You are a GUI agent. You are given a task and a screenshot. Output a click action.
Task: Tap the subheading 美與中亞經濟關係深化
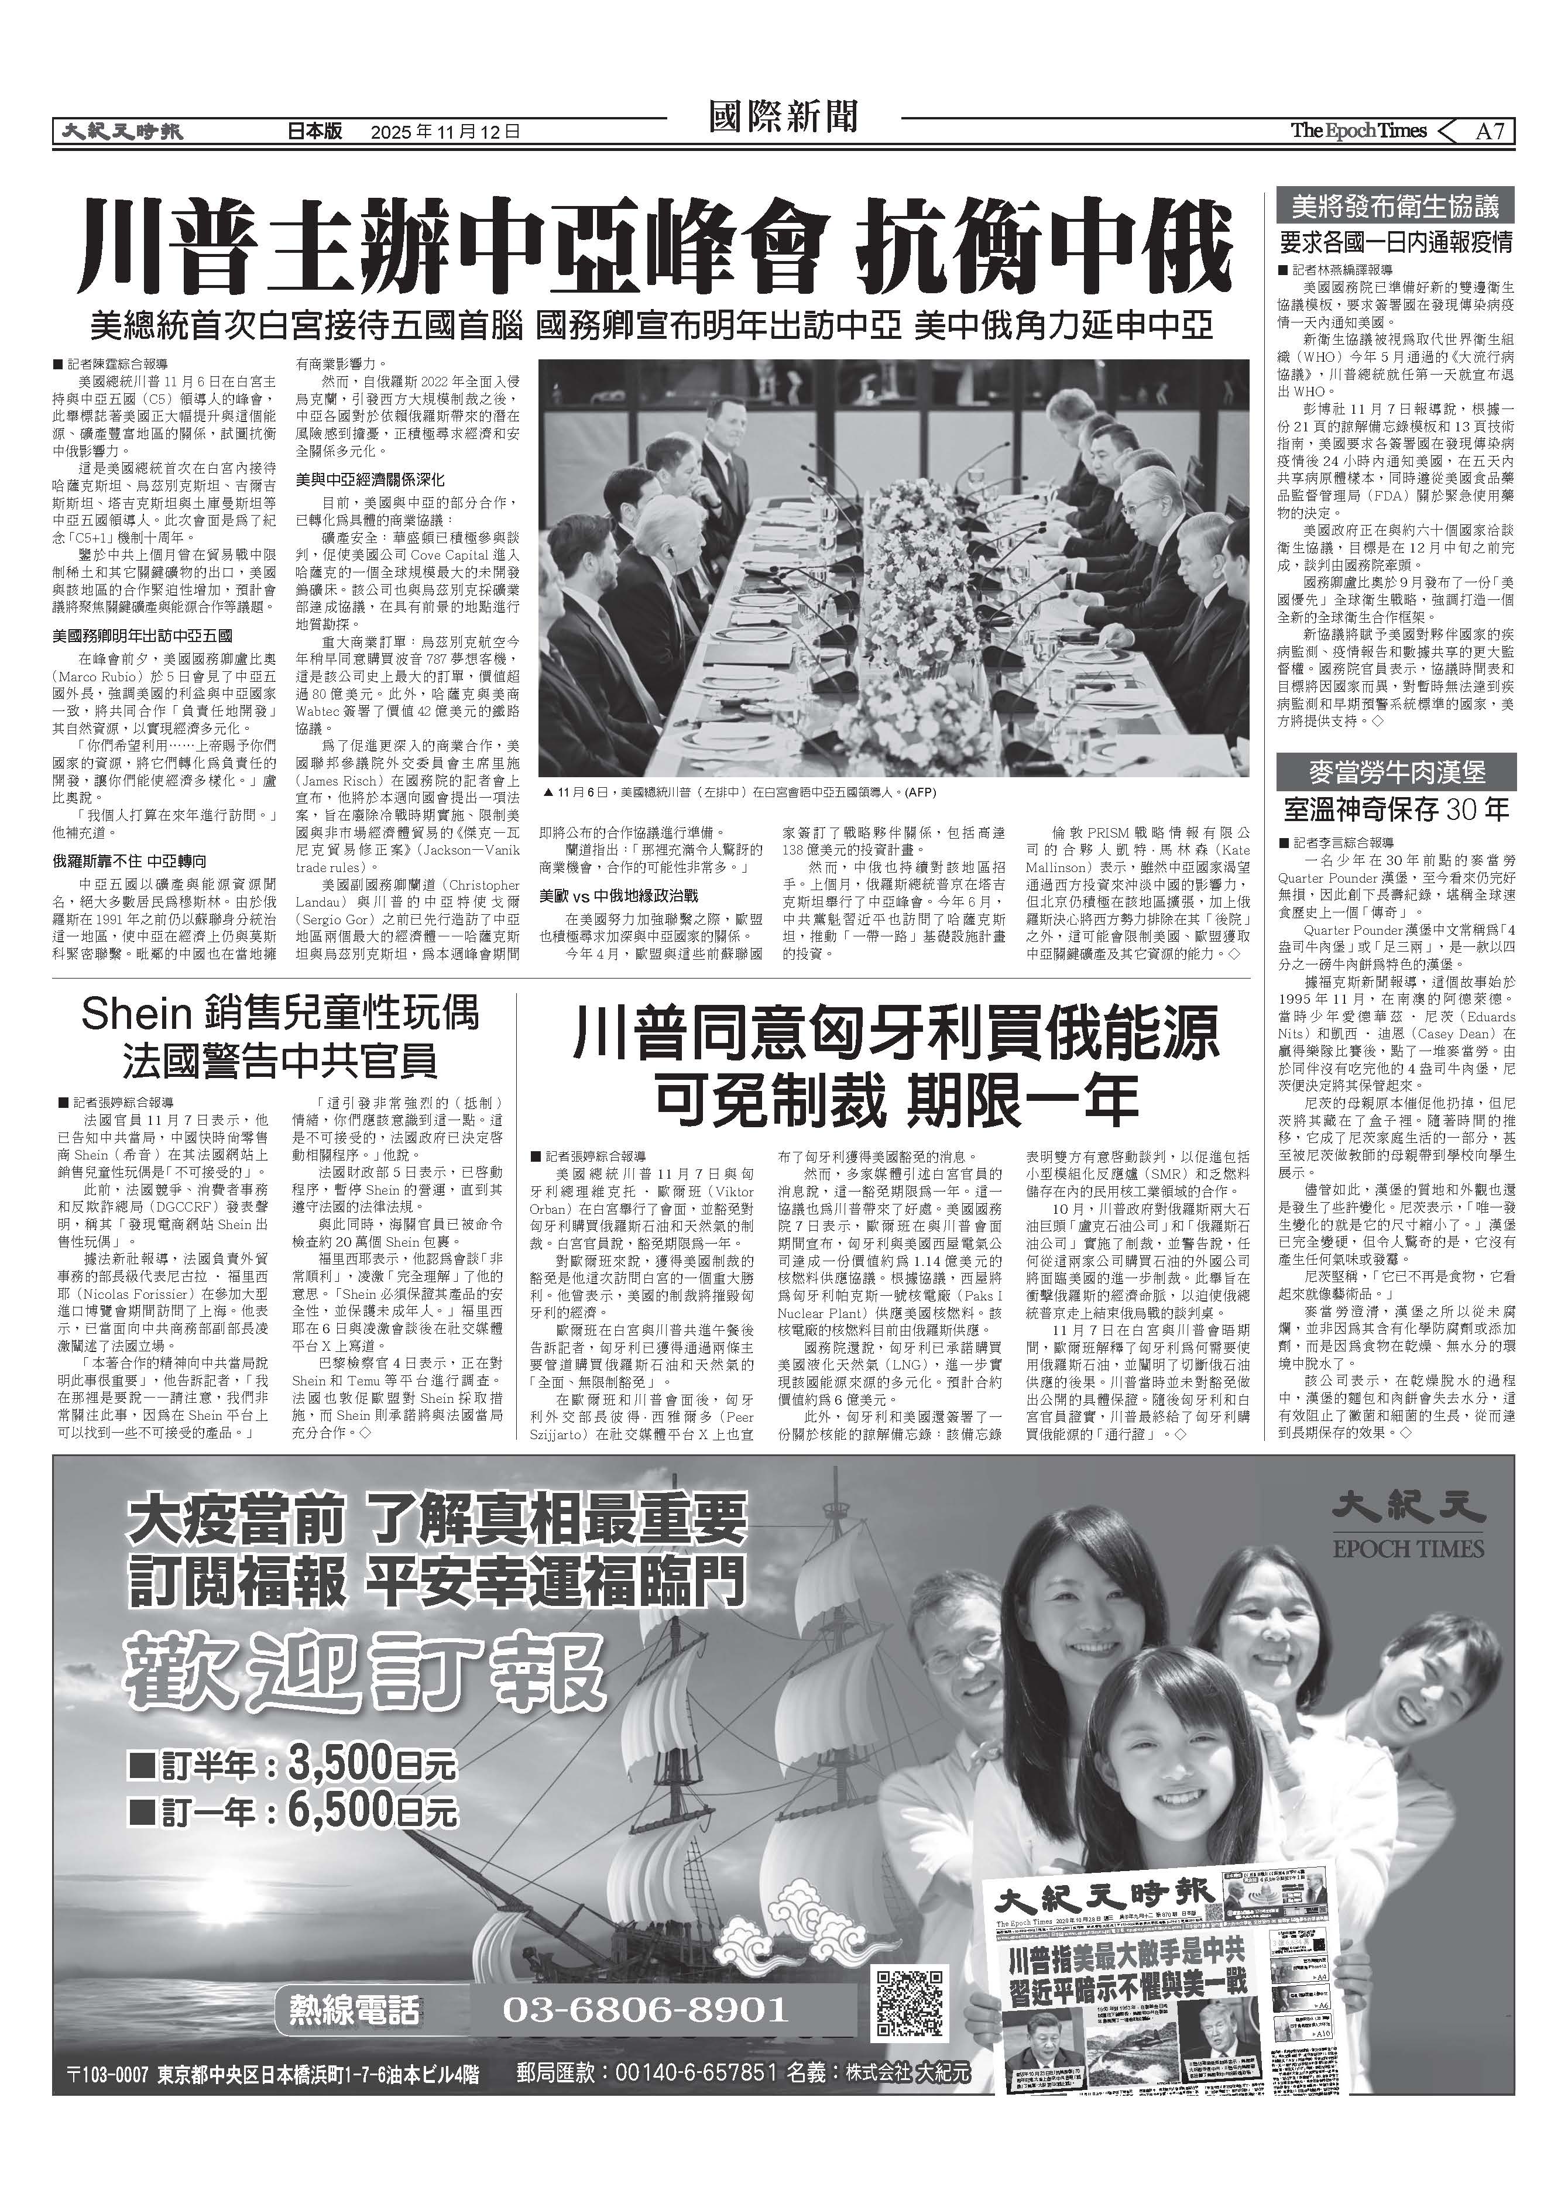[x=370, y=479]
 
